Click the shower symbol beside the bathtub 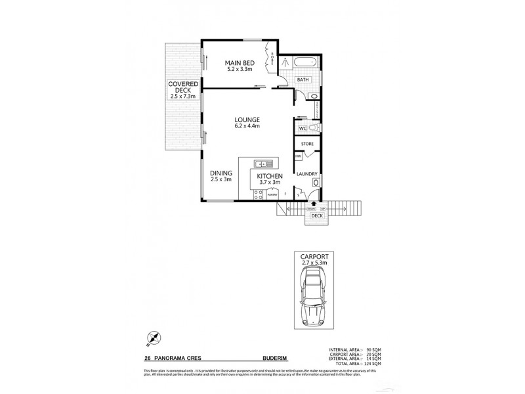[x=286, y=62]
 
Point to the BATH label [x=302, y=79]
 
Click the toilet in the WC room [x=313, y=128]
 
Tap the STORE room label [x=306, y=143]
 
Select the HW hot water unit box [x=297, y=156]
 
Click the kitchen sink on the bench [x=265, y=164]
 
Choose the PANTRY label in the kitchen [x=272, y=195]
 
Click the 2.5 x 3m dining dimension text [x=220, y=179]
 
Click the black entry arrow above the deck [x=312, y=205]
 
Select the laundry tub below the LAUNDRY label [x=315, y=184]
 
